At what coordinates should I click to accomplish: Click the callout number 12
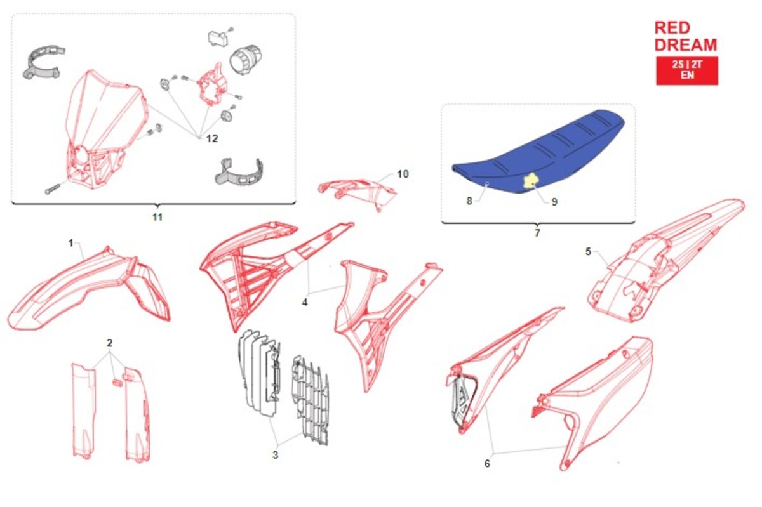[x=212, y=138]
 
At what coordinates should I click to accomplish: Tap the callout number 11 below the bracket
[x=157, y=217]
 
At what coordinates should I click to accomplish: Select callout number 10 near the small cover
[x=403, y=174]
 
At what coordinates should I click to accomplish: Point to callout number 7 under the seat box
[x=537, y=233]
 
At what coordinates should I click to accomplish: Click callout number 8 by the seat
[x=469, y=201]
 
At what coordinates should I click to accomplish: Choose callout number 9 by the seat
[x=554, y=202]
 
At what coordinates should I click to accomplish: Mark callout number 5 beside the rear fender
[x=588, y=252]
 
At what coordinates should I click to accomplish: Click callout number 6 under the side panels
[x=487, y=463]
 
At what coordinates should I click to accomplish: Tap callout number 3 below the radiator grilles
[x=275, y=455]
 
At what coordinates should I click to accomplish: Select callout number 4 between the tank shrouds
[x=304, y=302]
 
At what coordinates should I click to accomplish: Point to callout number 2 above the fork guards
[x=109, y=343]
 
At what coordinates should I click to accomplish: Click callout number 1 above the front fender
[x=70, y=243]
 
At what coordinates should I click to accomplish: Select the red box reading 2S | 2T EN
[x=687, y=70]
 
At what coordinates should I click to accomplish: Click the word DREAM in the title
[x=685, y=45]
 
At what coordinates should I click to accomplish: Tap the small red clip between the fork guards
[x=117, y=382]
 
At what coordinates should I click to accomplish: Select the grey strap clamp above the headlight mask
[x=43, y=63]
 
